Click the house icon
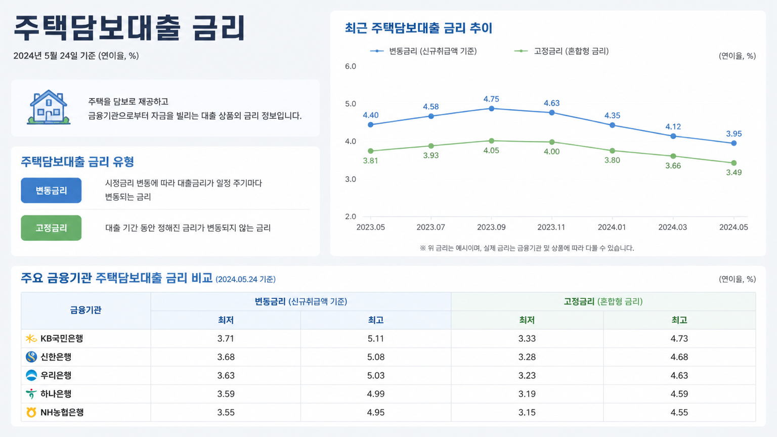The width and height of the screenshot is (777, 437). (x=49, y=107)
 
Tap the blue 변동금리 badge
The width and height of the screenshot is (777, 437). (x=51, y=190)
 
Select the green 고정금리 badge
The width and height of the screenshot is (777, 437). (x=51, y=228)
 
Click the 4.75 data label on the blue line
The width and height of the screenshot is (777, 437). (x=491, y=99)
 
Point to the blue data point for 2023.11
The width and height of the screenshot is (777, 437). (x=552, y=113)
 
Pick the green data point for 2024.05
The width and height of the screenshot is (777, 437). (x=733, y=163)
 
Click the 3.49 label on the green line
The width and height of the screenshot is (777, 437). (x=733, y=172)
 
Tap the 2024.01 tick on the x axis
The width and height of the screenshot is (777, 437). (x=612, y=227)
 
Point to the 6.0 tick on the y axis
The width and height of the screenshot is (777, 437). (x=351, y=66)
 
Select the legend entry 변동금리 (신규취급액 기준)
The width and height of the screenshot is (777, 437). (x=423, y=51)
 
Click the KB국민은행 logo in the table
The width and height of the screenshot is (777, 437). (x=31, y=338)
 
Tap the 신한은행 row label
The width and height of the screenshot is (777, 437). (x=56, y=357)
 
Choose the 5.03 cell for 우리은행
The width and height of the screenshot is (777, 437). (x=376, y=376)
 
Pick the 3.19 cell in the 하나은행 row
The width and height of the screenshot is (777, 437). (x=527, y=394)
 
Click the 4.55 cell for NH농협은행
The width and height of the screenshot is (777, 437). (x=679, y=412)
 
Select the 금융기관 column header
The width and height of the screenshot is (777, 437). (x=85, y=310)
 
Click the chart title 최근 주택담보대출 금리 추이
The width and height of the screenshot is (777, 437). (x=419, y=28)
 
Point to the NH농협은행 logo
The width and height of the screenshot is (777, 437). (x=31, y=412)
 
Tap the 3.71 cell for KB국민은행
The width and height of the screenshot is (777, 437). (x=226, y=338)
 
